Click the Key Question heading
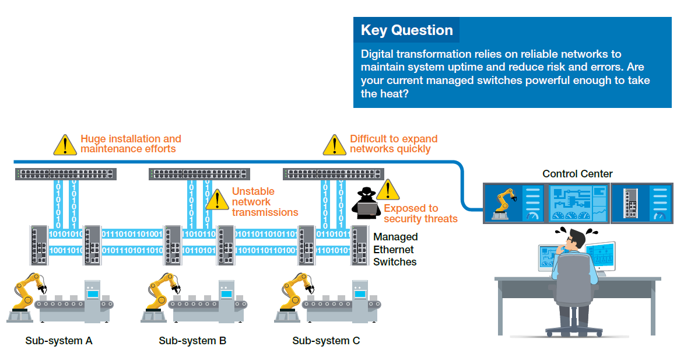pos(407,30)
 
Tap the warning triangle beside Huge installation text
pos(65,145)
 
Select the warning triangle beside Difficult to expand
pos(335,145)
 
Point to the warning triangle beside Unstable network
pos(217,200)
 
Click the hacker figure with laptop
pos(366,204)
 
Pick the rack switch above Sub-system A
pos(66,174)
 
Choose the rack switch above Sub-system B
pos(199,174)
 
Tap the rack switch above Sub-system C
pos(334,174)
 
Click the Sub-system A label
pos(59,341)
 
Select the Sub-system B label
pos(192,341)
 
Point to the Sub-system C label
pos(326,341)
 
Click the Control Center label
pos(577,174)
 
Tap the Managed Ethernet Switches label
pos(395,249)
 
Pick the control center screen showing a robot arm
pos(515,203)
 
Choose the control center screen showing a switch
pos(641,203)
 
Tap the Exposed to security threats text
pos(420,214)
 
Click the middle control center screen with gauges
pos(578,203)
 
